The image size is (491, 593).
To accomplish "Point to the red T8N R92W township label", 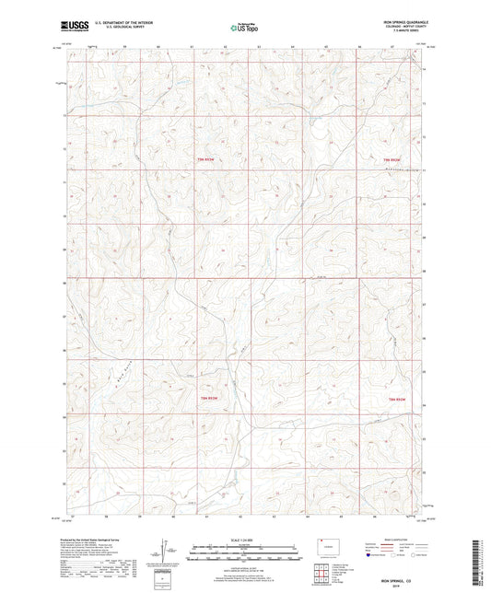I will coord(396,398).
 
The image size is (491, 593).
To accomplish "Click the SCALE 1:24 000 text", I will coord(244,540).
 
